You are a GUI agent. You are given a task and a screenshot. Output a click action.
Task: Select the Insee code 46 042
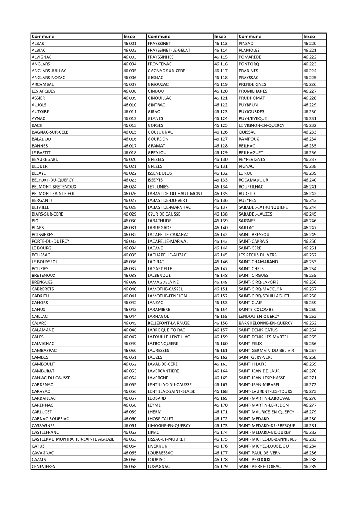130,303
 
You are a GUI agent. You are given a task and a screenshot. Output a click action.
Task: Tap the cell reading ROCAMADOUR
253,180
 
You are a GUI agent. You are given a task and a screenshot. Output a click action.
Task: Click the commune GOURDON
158,139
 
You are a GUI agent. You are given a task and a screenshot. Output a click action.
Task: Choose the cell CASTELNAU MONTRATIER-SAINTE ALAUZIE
73,439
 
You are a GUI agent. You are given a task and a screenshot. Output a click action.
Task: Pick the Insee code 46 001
130,44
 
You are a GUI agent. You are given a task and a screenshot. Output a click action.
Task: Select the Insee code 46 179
221,466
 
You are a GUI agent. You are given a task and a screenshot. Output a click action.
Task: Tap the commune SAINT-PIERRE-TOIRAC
260,466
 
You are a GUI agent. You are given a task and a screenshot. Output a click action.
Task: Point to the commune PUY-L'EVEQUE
253,118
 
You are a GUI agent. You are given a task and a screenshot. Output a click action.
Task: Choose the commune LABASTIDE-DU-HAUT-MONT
175,193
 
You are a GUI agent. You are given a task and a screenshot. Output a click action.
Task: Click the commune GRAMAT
156,146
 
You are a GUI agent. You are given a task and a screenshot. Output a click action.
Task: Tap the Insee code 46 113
221,44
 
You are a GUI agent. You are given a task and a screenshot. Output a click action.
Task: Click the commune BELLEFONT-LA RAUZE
169,323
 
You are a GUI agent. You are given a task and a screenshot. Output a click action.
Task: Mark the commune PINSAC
246,44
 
